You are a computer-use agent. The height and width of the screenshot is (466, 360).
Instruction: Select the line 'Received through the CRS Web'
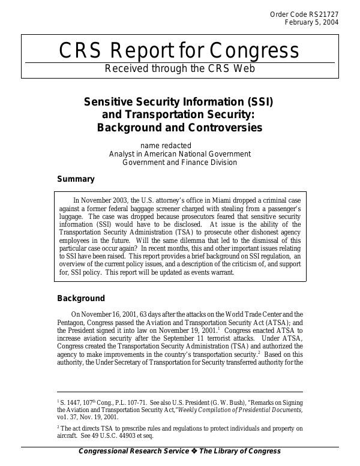180,68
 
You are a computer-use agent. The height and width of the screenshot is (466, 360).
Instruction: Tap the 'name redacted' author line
166,145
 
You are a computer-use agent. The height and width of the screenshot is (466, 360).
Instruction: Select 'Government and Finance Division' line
179,162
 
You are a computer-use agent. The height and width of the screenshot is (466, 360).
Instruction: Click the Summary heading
76,179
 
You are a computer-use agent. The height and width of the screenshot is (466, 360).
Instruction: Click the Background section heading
81,298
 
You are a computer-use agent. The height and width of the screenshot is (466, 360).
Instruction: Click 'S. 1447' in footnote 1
71,401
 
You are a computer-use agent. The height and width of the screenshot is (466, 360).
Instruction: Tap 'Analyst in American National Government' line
179,154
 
